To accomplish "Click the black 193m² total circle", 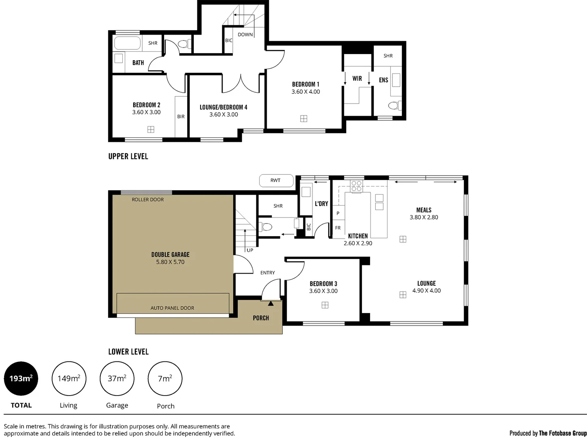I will tap(21, 378).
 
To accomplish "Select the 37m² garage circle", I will tap(117, 378).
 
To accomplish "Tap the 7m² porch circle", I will tap(165, 378).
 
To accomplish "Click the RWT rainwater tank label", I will tap(276, 180).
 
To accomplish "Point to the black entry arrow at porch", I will tap(271, 303).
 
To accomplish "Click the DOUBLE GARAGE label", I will tap(170, 254).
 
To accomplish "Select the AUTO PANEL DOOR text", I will tap(172, 308).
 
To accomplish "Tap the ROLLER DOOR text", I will tap(148, 200).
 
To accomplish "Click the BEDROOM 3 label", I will tap(323, 284).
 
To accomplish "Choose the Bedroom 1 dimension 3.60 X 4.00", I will tap(305, 92).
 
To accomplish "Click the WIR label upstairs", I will tap(357, 78).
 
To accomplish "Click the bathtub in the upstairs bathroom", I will tap(128, 43).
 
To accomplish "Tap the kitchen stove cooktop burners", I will tap(356, 186).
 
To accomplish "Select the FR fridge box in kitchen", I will tap(338, 228).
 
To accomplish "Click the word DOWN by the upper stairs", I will tap(245, 35).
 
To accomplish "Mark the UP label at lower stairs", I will tap(250, 250).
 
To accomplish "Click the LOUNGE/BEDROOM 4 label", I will tap(223, 107).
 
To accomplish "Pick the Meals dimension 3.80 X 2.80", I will tap(424, 217).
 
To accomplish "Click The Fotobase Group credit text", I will tap(563, 433).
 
